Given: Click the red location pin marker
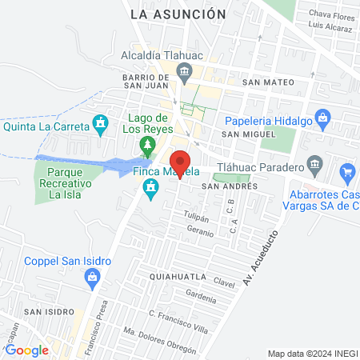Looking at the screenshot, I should coord(181,162).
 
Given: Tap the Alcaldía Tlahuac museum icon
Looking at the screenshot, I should coord(185,74).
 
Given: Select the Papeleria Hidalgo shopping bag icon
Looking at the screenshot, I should coord(323,120).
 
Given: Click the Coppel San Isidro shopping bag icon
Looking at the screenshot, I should coord(92,277).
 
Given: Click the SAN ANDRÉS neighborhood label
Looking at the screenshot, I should coord(229,186).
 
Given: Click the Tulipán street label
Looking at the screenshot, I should coord(196,218).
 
